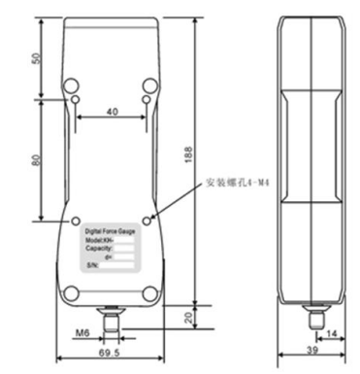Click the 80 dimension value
[40, 159]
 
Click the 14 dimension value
[333, 334]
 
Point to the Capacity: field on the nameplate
[100, 248]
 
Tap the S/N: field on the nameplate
[93, 264]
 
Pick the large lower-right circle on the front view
[148, 291]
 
